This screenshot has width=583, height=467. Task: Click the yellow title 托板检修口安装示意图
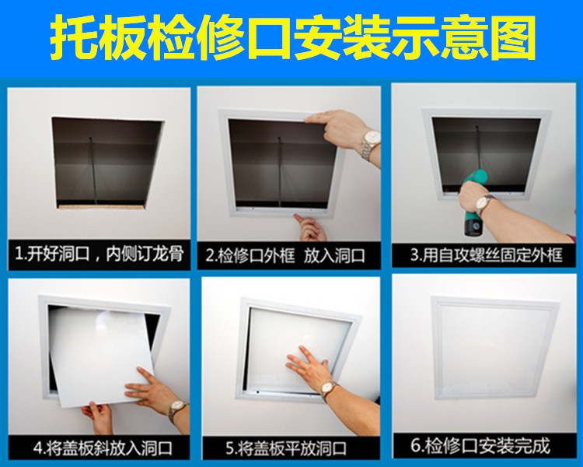coord(293,38)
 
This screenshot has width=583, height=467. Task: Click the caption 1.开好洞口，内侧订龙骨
coord(99,255)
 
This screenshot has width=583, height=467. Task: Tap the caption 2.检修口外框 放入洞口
coord(285,256)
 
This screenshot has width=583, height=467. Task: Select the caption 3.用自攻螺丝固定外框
coord(486,255)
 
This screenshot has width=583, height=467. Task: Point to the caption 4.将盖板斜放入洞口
coord(103,448)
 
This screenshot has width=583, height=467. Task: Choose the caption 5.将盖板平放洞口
coord(286,448)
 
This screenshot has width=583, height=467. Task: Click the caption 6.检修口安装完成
coord(480,446)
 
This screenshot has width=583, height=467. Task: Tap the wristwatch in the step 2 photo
coord(370,144)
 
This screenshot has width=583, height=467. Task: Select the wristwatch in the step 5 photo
coord(328,389)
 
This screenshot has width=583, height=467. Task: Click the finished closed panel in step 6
coord(494,347)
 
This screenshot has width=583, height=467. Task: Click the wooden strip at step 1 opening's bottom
coord(100,206)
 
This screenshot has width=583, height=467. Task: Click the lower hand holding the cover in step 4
coord(96,416)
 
